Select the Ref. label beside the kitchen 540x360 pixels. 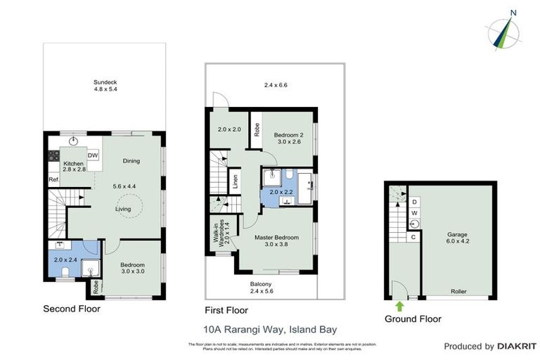(53, 179)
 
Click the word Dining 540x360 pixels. (131, 161)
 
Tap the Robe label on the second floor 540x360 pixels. (95, 287)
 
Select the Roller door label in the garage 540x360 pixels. (458, 291)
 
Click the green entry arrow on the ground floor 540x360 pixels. (399, 306)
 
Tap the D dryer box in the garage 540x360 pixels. (414, 201)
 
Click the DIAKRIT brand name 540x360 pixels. (517, 346)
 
